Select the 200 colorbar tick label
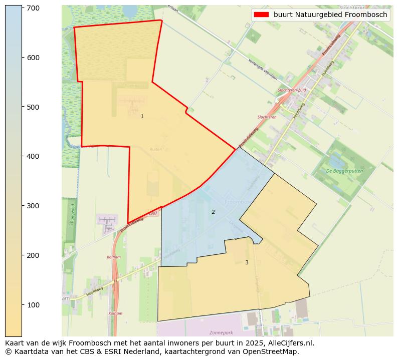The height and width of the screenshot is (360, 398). tap(33, 255)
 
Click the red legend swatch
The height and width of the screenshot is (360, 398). tap(261, 15)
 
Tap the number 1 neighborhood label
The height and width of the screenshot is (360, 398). tap(142, 116)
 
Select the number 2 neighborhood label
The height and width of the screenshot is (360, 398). tap(213, 212)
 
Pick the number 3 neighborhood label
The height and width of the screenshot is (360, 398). tap(247, 262)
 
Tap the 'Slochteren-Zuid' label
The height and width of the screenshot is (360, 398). tap(292, 90)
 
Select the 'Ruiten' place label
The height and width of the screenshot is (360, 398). tap(155, 149)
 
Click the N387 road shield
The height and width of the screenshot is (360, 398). tap(153, 214)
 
